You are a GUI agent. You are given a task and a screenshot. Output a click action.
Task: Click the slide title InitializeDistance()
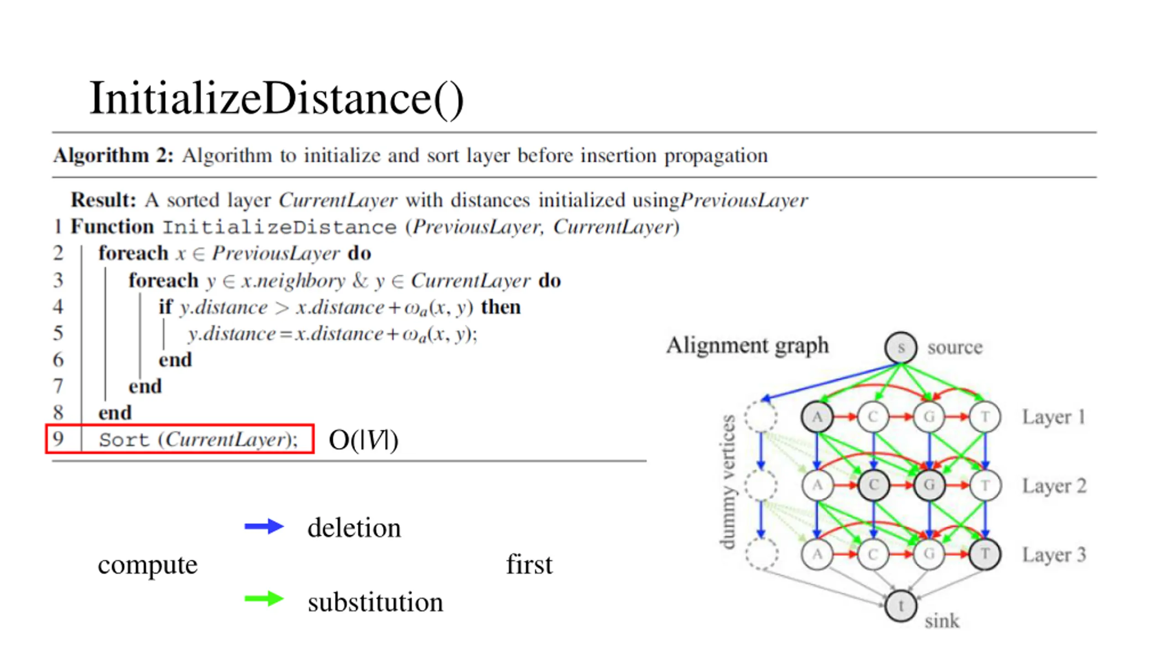tap(276, 98)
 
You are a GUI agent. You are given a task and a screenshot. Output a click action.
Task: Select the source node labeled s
tap(900, 348)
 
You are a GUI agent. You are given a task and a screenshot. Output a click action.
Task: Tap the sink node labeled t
tap(900, 606)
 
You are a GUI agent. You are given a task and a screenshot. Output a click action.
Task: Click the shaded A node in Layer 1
tap(817, 417)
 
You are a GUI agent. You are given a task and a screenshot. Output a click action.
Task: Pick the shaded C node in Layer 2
tap(873, 485)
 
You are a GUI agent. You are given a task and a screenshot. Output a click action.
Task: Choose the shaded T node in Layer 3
tap(985, 554)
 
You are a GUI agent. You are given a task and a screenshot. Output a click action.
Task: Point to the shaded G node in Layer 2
tap(929, 485)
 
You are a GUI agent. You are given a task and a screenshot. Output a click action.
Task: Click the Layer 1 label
tap(1053, 417)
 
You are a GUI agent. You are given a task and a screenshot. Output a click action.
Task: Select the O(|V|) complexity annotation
tap(363, 440)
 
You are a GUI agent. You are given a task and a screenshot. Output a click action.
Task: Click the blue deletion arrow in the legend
tap(264, 527)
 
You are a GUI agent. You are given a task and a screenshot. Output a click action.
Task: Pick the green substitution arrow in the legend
tap(264, 599)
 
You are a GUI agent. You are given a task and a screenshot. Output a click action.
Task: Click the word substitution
tap(375, 602)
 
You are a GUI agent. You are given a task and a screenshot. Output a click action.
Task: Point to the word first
tap(529, 565)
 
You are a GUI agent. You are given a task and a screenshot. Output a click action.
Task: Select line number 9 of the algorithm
tap(58, 439)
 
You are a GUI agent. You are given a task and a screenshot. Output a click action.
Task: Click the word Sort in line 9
tap(124, 440)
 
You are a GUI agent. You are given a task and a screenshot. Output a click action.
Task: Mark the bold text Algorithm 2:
tap(114, 156)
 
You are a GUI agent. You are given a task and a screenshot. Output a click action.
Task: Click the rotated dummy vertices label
tap(728, 482)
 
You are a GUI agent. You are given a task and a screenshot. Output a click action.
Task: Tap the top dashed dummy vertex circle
tap(761, 417)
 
